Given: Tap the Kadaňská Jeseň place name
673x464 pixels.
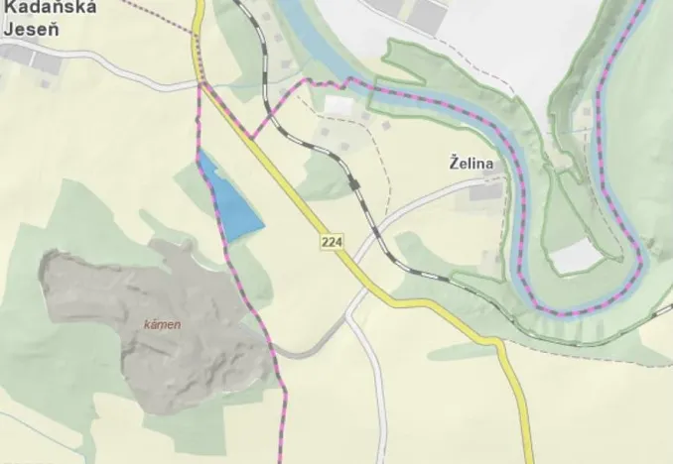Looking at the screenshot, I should click(x=31, y=20).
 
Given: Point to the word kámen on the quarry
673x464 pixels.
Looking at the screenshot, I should click(x=162, y=324).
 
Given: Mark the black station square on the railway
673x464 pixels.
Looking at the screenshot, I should click(x=353, y=183).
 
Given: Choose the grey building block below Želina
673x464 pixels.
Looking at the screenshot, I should click(x=486, y=190).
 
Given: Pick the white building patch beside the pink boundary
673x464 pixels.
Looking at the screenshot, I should click(x=338, y=104).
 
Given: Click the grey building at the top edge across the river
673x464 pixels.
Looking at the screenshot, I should click(x=428, y=12).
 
